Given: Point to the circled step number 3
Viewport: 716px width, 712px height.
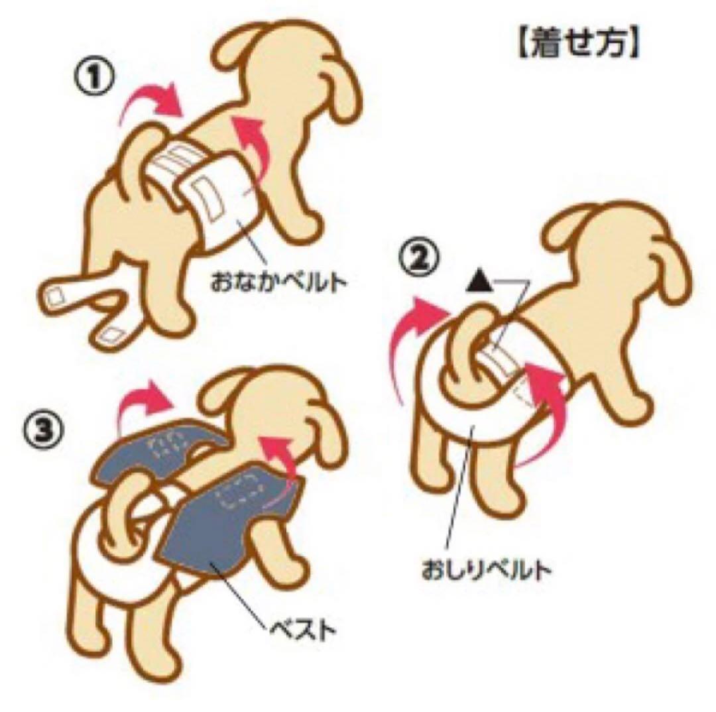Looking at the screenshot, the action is [x=43, y=432].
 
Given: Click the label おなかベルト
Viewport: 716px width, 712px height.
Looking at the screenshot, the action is [x=278, y=282].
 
